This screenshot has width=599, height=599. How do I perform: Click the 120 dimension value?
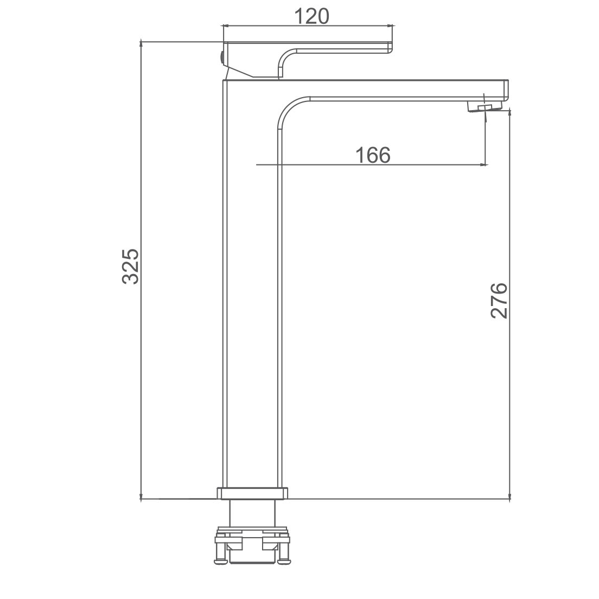coord(312,16)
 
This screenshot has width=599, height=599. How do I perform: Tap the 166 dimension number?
coord(373,155)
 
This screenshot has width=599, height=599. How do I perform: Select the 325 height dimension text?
coord(131,266)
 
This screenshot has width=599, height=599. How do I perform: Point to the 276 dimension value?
coord(499,301)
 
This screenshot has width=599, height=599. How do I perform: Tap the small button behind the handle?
coord(221,58)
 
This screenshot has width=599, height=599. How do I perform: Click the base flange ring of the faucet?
coord(252,493)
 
